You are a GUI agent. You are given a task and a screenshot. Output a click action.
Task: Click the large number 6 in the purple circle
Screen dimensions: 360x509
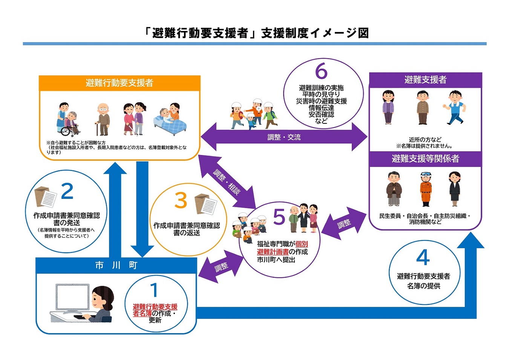tap(321, 71)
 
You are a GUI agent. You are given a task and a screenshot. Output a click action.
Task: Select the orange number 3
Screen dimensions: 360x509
tap(181, 200)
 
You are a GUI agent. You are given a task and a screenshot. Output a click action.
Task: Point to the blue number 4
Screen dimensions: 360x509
tap(423, 257)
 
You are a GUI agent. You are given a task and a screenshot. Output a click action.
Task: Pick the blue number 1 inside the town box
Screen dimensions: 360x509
tap(154, 290)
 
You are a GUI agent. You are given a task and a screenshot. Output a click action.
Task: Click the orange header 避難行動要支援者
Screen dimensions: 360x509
tap(119, 83)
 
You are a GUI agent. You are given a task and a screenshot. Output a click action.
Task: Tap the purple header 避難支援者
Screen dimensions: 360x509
tap(425, 80)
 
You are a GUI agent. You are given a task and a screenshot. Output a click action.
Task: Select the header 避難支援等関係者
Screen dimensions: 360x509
tap(425, 159)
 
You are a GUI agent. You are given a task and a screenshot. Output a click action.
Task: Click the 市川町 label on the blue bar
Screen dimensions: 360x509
tap(116, 265)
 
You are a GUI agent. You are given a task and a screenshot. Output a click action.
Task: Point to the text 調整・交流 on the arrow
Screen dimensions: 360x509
tap(284, 137)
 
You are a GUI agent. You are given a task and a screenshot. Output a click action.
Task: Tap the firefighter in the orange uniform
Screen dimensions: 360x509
tap(426, 189)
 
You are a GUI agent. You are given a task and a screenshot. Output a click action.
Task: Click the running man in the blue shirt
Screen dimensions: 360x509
tap(455, 107)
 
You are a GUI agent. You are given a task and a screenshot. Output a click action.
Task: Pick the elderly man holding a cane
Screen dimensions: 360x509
tap(102, 119)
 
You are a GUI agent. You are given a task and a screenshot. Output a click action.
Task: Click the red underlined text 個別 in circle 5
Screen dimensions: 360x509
tap(302, 244)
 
